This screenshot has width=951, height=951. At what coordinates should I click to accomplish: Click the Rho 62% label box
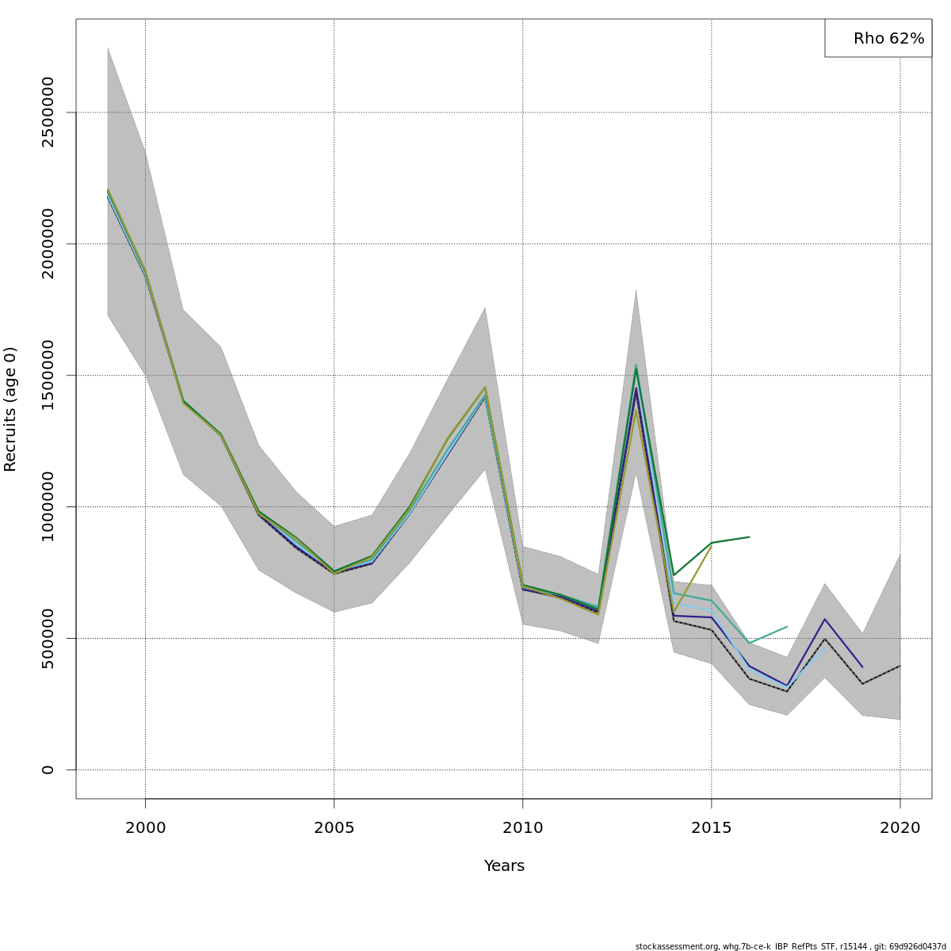878,38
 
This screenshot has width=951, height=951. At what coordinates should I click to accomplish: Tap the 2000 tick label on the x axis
145,828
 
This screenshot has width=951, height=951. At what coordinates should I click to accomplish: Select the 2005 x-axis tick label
334,828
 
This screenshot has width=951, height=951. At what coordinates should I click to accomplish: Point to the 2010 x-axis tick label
522,828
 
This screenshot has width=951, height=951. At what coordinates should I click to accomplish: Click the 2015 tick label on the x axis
711,828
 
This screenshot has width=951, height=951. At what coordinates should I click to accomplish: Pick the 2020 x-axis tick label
899,828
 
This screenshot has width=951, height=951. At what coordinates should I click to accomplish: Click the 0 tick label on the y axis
48,770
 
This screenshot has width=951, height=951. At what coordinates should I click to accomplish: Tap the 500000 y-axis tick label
48,638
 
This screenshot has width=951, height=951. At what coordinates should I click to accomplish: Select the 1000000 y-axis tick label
48,506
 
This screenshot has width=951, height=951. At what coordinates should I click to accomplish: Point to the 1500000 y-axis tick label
48,375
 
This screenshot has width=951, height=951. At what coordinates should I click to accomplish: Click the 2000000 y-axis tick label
48,243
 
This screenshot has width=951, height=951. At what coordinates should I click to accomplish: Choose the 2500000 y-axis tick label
48,112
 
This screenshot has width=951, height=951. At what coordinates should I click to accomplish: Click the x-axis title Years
504,866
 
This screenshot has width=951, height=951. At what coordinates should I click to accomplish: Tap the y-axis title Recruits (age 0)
10,409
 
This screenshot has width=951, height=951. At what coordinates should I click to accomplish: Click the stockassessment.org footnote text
790,946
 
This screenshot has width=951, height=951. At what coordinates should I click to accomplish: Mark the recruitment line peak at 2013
636,367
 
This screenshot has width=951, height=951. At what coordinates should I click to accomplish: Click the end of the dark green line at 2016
749,537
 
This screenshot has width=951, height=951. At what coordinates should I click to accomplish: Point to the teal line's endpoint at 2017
787,627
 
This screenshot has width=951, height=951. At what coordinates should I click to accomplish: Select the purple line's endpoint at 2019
862,666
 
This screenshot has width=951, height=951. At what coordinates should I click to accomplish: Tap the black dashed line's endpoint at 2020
899,666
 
